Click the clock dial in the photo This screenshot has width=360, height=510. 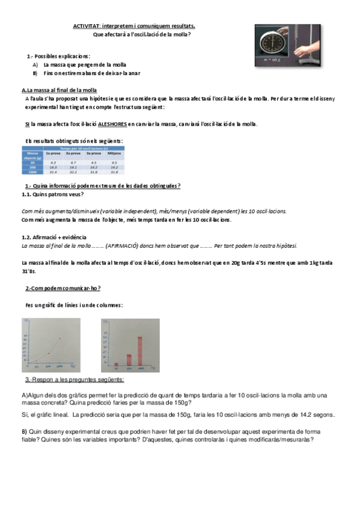(x=275, y=45)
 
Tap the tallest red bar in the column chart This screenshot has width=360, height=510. (x=140, y=350)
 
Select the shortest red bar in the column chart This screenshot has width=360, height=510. (x=116, y=364)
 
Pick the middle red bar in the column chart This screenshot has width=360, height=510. (x=129, y=360)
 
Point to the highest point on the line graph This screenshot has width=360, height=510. (x=59, y=339)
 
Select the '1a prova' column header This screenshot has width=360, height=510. (x=53, y=153)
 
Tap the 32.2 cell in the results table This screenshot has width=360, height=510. (x=73, y=172)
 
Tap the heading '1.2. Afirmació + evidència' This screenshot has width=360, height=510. (x=53, y=237)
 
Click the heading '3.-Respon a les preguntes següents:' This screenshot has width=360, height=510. (x=75, y=380)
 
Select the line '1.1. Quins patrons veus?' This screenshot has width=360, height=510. (x=53, y=194)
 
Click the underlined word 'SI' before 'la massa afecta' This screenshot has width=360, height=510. (x=28, y=124)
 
